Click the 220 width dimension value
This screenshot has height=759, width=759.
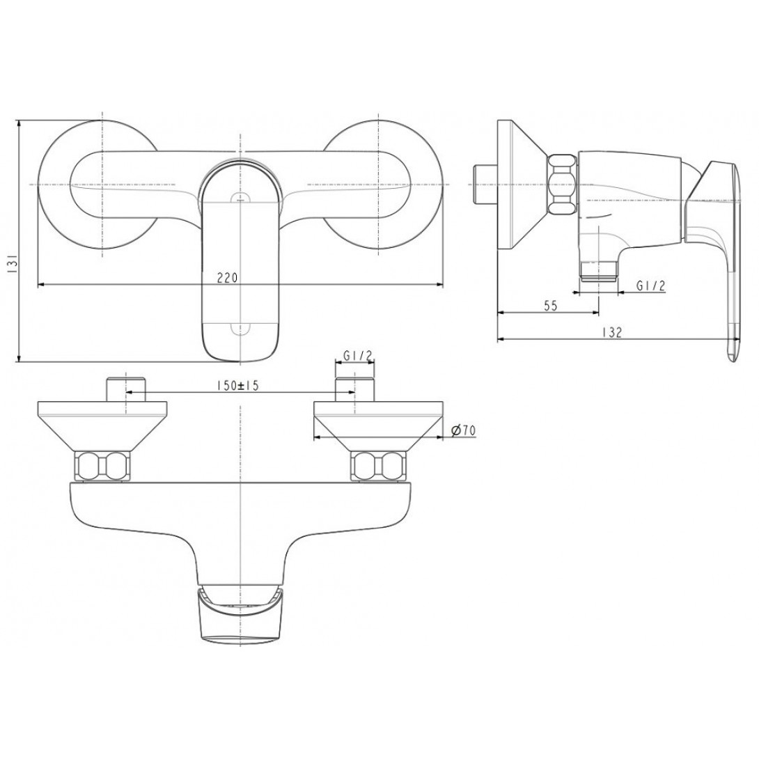point(227,278)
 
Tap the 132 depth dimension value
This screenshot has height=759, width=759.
point(612,332)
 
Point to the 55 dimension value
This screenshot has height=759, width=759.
point(550,306)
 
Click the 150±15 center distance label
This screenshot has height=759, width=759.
point(238,386)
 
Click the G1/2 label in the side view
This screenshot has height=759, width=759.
point(651,286)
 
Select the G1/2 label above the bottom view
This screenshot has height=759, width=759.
point(357,356)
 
